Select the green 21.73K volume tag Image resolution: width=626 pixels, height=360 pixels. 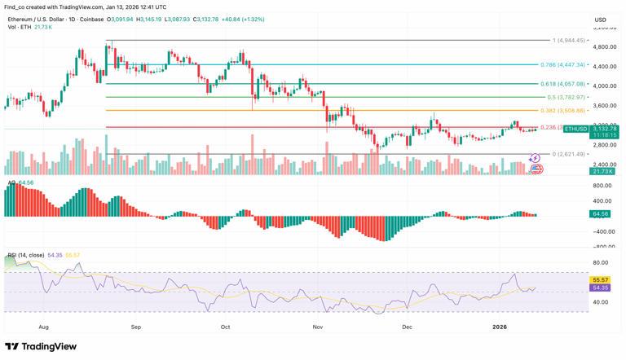click(x=603, y=171)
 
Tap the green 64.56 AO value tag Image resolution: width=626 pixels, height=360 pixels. click(x=601, y=214)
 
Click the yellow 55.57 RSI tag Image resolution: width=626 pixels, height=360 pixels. click(x=601, y=280)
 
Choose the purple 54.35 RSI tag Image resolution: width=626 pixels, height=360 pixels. click(x=601, y=288)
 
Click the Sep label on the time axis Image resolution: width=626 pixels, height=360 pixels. click(x=136, y=327)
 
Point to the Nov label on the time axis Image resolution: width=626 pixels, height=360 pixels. click(x=318, y=327)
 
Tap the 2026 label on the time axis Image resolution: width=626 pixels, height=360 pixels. click(x=500, y=327)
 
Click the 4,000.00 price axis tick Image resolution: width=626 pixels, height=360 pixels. click(x=604, y=86)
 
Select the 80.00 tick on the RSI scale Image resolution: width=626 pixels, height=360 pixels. click(x=601, y=263)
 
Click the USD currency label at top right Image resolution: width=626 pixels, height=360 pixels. click(x=601, y=20)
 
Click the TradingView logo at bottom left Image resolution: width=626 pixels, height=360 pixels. click(x=41, y=347)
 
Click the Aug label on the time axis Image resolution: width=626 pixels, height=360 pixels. click(x=44, y=327)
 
